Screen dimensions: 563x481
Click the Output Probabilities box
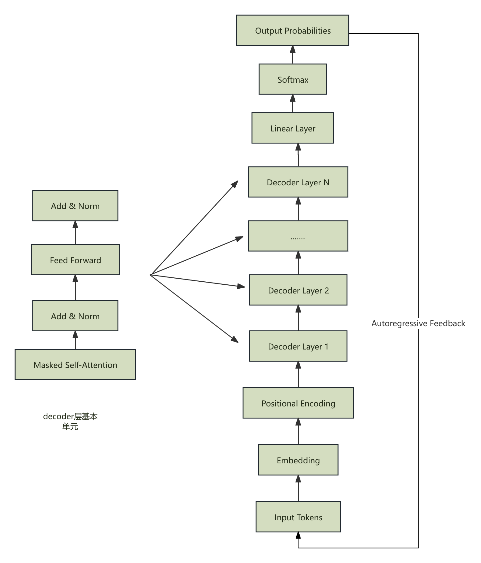click(x=292, y=30)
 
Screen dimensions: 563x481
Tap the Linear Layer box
click(x=292, y=128)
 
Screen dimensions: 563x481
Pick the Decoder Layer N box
click(x=298, y=182)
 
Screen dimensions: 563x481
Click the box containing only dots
click(x=298, y=236)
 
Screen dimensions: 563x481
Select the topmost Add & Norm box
click(x=75, y=206)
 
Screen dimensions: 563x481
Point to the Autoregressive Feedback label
click(x=418, y=323)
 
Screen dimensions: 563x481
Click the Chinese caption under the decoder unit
click(x=70, y=421)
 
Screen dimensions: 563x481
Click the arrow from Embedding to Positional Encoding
click(x=298, y=432)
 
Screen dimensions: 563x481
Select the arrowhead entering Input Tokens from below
click(x=298, y=536)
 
